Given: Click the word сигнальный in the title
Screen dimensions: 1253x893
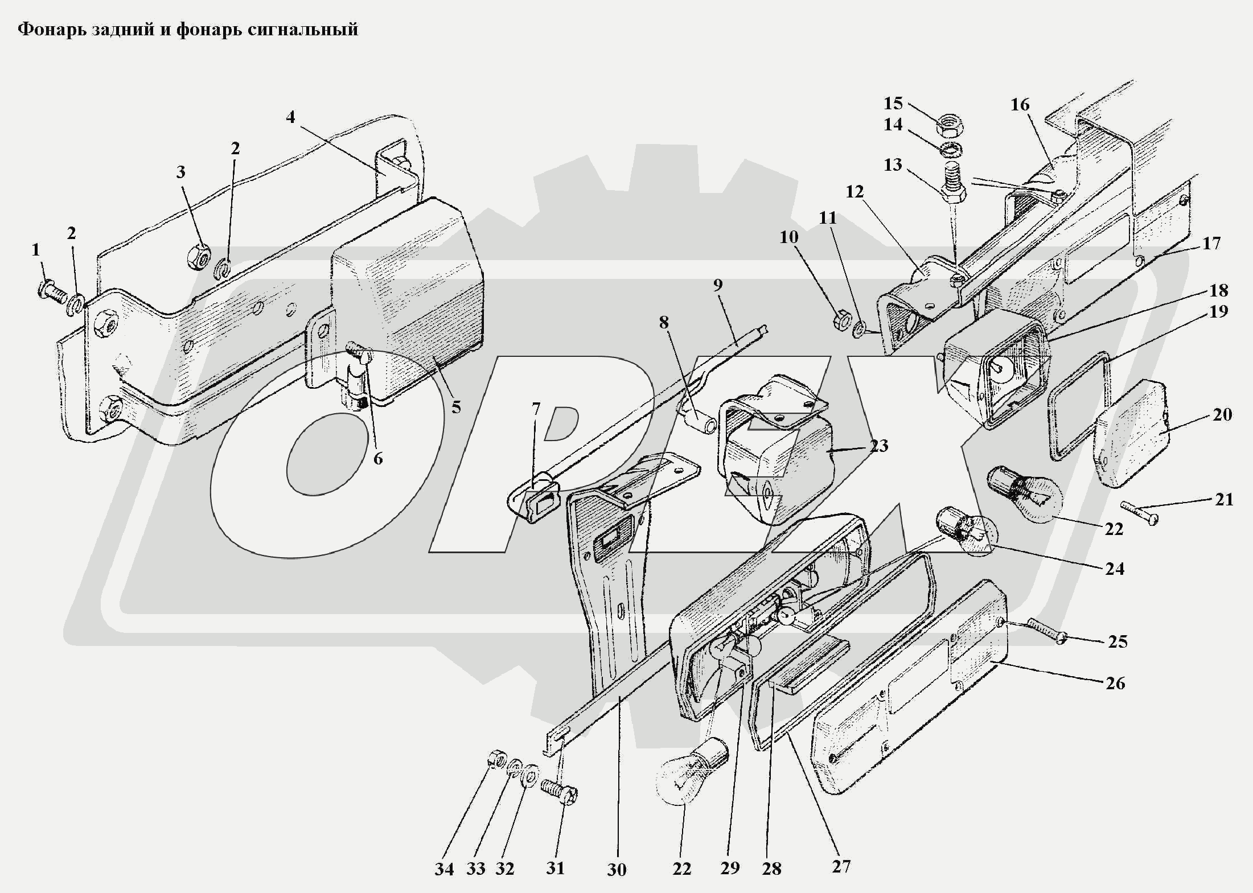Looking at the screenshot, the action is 303,29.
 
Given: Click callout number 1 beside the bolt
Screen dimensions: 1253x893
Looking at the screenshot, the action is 36,249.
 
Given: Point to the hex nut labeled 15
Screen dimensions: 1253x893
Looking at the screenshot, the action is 949,126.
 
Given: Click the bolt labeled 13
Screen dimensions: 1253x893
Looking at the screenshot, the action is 954,187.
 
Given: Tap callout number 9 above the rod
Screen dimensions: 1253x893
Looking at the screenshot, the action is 717,285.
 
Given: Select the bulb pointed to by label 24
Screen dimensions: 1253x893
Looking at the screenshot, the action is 966,531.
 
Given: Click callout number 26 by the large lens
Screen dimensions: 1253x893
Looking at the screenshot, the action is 1115,683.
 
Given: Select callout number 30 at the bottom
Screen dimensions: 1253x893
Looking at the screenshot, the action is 617,869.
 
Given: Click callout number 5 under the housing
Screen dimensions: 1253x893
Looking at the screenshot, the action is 456,408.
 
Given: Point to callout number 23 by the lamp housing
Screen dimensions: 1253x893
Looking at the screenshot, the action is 878,446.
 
